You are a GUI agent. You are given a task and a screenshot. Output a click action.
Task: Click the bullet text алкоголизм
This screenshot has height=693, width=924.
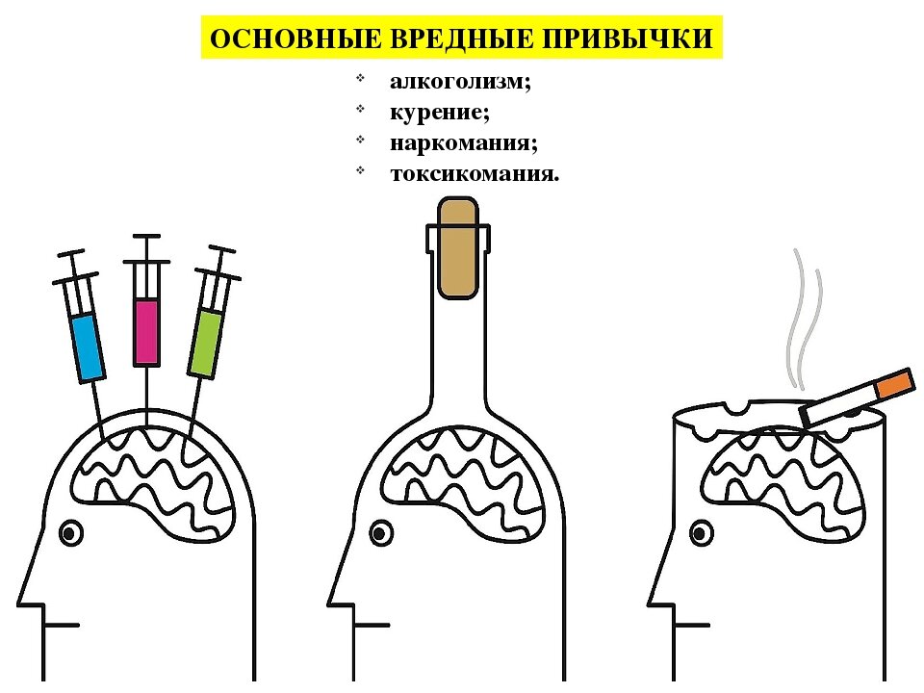460,83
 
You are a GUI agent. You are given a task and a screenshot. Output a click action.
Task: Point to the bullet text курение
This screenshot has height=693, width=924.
439,113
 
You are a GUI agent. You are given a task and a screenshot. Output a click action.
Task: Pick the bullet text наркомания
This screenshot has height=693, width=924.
463,143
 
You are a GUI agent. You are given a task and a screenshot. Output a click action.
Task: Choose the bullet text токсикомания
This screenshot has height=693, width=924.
474,174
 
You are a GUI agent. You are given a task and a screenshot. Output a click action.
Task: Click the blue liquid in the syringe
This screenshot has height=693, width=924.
89,346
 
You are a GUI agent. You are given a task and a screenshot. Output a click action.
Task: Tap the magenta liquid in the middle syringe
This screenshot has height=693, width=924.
146,332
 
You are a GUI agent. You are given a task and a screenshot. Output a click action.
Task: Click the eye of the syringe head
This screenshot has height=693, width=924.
69,531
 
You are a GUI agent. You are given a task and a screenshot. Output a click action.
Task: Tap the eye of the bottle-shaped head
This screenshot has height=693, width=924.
381,531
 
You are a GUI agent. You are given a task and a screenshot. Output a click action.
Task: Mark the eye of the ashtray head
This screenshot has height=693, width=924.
700,531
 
